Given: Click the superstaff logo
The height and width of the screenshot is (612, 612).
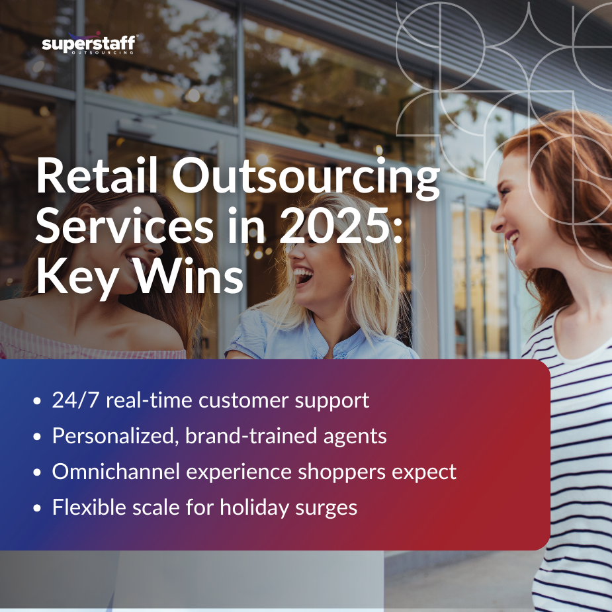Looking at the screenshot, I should coord(89,44).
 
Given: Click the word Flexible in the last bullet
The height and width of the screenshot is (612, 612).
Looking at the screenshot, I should coord(86,507).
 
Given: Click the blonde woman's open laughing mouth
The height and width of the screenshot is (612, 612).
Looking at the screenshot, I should coord(304,275).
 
